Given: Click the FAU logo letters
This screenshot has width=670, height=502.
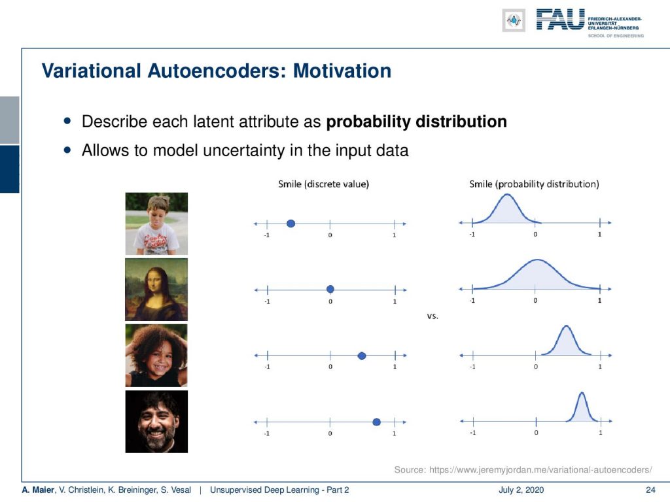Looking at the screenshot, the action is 560,19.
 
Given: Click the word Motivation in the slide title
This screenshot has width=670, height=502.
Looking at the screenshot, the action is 342,71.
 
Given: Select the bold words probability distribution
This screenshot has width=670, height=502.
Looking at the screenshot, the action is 416,122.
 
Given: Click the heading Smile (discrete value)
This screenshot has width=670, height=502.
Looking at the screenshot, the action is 323,184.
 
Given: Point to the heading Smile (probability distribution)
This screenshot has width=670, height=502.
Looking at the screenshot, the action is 534,184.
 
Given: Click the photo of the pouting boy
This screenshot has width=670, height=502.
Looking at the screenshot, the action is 156,224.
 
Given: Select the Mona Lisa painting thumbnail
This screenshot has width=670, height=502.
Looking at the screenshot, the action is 156,290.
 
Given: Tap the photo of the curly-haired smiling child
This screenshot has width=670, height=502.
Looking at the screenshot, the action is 156,356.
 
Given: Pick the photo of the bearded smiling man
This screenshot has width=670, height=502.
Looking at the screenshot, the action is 156,422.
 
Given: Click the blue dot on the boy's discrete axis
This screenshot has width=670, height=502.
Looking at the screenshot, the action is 291,224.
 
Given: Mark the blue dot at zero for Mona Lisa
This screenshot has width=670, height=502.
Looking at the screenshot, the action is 330,290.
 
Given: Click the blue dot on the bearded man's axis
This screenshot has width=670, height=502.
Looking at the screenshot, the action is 376,422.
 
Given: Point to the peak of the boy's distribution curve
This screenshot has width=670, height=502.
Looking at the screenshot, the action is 507,195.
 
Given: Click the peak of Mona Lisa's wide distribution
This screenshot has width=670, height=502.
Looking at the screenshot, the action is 537,260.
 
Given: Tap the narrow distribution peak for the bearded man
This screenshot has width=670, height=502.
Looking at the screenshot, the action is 581,393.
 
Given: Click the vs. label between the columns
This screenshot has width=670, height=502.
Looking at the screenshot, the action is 432,316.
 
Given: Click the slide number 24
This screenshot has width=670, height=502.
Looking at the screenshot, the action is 650,490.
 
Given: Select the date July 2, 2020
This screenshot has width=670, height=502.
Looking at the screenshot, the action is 521,490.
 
